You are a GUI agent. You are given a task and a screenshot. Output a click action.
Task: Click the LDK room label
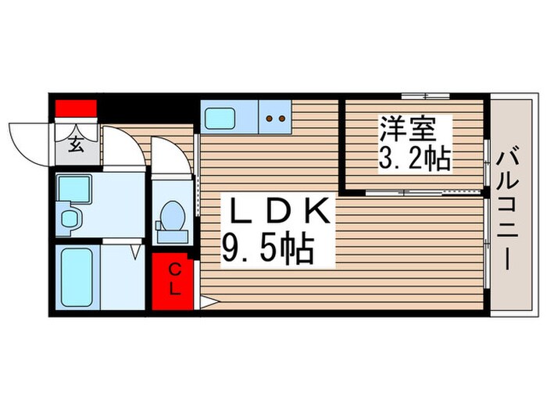pyautogui.click(x=280, y=211)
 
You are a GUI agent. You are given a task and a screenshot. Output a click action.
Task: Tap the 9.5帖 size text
pyautogui.click(x=268, y=249)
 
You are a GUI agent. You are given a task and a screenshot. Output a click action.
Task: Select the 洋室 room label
pyautogui.click(x=408, y=127)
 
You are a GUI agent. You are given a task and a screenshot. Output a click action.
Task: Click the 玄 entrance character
pyautogui.click(x=76, y=144)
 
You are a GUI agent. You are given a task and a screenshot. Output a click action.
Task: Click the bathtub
pyautogui.click(x=77, y=277)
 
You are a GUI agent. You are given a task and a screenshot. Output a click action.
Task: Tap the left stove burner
pyautogui.click(x=269, y=119)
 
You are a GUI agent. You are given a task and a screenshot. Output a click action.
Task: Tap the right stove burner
pyautogui.click(x=282, y=119)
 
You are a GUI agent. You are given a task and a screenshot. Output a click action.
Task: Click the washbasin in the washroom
pyautogui.click(x=69, y=219)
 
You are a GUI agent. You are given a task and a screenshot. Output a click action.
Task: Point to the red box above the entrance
pyautogui.click(x=76, y=109)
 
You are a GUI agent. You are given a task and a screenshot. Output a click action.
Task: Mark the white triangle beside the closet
pyautogui.click(x=209, y=302)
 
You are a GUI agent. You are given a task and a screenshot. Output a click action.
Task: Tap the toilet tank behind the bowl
pyautogui.click(x=173, y=237)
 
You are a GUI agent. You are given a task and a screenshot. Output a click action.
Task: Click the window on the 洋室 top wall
pyautogui.click(x=425, y=96)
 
